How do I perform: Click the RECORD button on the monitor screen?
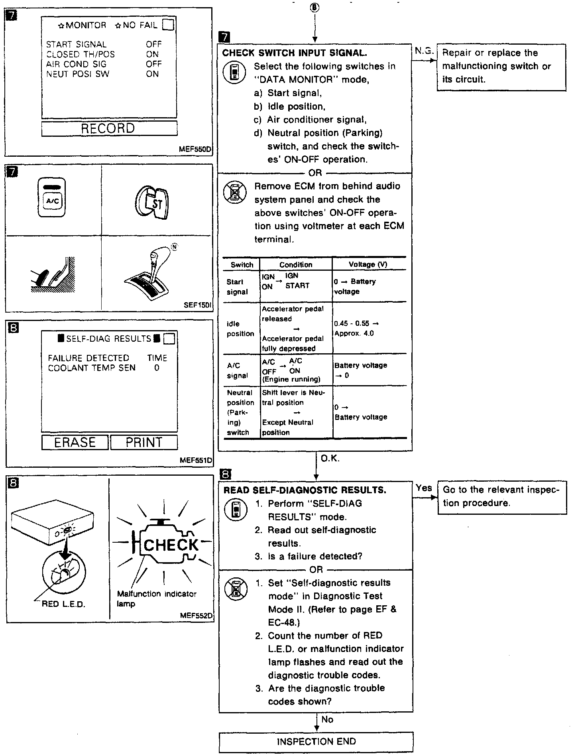pyautogui.click(x=109, y=128)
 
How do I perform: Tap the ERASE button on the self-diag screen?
pyautogui.click(x=75, y=443)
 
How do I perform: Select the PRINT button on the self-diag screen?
pyautogui.click(x=144, y=443)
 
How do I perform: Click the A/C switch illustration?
pyautogui.click(x=52, y=198)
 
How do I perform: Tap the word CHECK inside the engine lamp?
pyautogui.click(x=171, y=545)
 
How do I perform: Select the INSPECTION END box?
pyautogui.click(x=316, y=742)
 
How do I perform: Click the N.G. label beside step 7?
pyautogui.click(x=424, y=51)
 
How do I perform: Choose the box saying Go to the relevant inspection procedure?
pyautogui.click(x=502, y=497)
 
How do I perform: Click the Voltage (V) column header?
pyautogui.click(x=368, y=264)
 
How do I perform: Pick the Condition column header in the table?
pyautogui.click(x=296, y=265)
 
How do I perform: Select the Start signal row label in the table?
pyautogui.click(x=238, y=287)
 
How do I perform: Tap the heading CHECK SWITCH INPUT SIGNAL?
pyautogui.click(x=295, y=53)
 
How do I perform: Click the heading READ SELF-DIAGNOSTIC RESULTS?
pyautogui.click(x=305, y=490)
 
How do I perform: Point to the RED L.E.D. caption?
pyautogui.click(x=63, y=604)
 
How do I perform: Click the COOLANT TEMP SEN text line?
pyautogui.click(x=92, y=368)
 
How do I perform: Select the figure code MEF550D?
pyautogui.click(x=195, y=150)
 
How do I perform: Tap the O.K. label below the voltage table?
pyautogui.click(x=330, y=459)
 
